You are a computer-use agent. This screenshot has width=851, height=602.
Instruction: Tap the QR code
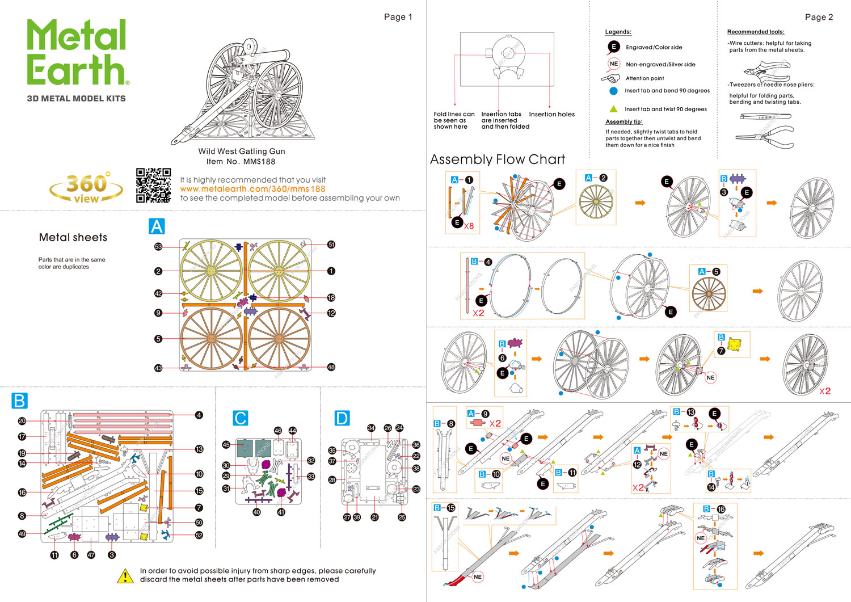tap(153, 185)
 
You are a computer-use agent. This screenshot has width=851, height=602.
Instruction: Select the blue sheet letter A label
tap(157, 226)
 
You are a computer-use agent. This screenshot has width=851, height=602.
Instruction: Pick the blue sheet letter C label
tap(241, 418)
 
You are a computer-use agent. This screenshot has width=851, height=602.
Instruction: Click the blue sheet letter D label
tap(342, 418)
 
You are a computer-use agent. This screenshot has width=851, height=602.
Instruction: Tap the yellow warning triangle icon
tap(125, 576)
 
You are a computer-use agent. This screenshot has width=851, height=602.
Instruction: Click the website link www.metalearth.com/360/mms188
tap(252, 189)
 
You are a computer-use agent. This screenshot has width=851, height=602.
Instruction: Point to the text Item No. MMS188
tap(241, 161)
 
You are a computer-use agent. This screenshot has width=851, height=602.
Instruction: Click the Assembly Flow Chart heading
tap(498, 159)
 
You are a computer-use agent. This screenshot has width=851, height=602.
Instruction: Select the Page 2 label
tap(819, 17)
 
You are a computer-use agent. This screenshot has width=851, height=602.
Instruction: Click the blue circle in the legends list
tap(613, 91)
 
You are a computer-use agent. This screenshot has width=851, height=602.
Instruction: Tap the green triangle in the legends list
tap(613, 109)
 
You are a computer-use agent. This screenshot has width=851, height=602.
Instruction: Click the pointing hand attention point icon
tap(610, 78)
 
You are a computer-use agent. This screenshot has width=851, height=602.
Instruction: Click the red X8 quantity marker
tap(469, 226)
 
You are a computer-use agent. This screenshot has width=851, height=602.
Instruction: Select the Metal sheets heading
tap(73, 238)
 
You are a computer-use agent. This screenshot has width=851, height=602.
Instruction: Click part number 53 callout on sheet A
tap(158, 246)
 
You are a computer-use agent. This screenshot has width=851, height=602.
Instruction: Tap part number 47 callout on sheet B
tap(91, 555)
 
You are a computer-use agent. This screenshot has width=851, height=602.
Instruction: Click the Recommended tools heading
tap(756, 32)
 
